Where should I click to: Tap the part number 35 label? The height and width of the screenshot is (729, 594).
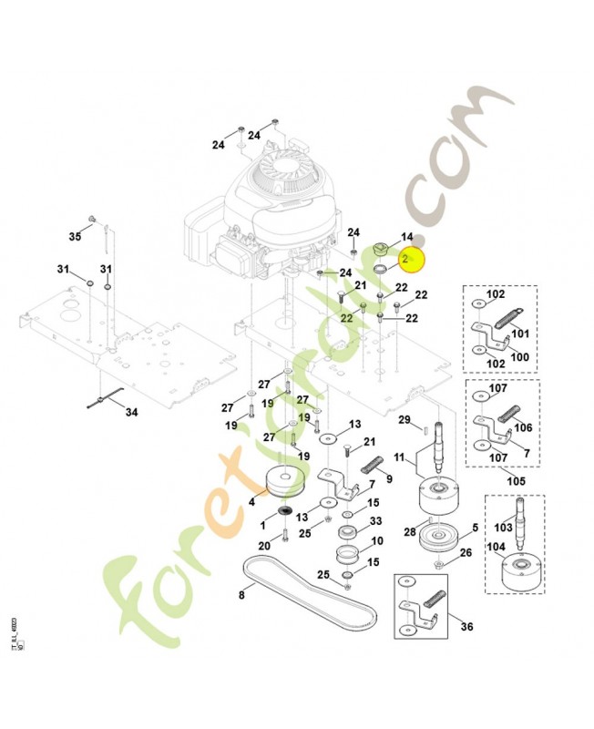[76, 237]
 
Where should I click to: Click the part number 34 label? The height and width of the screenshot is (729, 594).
[131, 412]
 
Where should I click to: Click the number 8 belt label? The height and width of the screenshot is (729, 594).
[241, 596]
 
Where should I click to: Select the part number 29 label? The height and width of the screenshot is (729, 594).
[405, 418]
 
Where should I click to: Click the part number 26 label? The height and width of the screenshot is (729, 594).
[466, 553]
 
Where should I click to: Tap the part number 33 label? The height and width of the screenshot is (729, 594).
[374, 522]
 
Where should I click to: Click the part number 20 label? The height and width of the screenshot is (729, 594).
[263, 545]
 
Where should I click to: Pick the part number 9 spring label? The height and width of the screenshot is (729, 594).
[390, 478]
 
